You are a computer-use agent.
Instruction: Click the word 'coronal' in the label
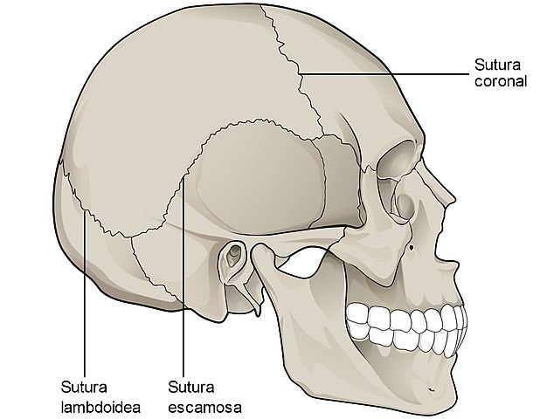click(x=501, y=81)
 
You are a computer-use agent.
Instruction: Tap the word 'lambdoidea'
click(x=100, y=408)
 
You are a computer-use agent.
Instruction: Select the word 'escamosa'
click(x=205, y=408)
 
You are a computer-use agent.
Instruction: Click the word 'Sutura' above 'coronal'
click(x=497, y=65)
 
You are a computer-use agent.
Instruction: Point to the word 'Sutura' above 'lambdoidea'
click(x=84, y=388)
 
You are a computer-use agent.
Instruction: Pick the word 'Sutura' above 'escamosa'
click(x=191, y=388)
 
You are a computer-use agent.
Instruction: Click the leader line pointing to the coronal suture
click(x=384, y=73)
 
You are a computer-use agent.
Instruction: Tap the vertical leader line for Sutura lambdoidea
click(x=85, y=294)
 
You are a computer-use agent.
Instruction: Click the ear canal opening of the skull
click(x=234, y=254)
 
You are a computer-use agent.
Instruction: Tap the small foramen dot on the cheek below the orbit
click(x=412, y=247)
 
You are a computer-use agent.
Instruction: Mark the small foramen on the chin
click(x=431, y=390)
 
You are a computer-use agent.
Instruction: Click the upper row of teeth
click(x=407, y=317)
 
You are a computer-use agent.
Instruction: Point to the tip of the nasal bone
click(x=453, y=199)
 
